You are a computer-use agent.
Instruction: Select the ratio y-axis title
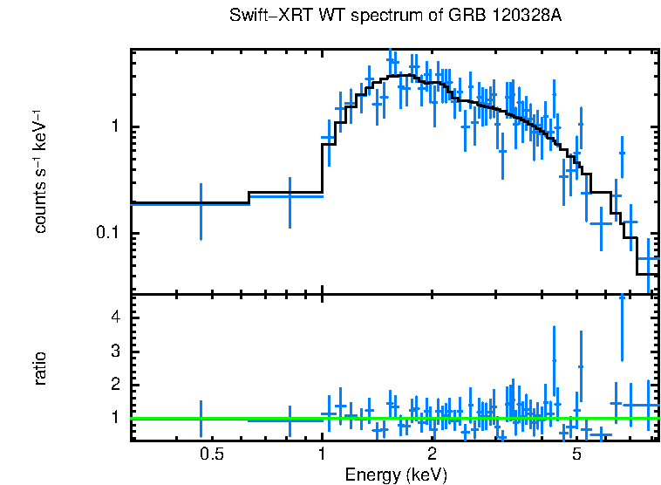[x=40, y=368]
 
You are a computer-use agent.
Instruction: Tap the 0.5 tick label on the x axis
[x=212, y=454]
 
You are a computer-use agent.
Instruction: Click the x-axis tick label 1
[x=323, y=454]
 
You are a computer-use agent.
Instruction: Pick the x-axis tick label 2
[x=432, y=454]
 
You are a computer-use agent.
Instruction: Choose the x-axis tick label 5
[x=576, y=454]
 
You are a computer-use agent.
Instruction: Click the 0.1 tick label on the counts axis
[x=106, y=233]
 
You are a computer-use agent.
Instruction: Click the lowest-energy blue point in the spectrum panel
[x=201, y=203]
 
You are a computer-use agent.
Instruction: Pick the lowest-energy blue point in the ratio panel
[x=201, y=419]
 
